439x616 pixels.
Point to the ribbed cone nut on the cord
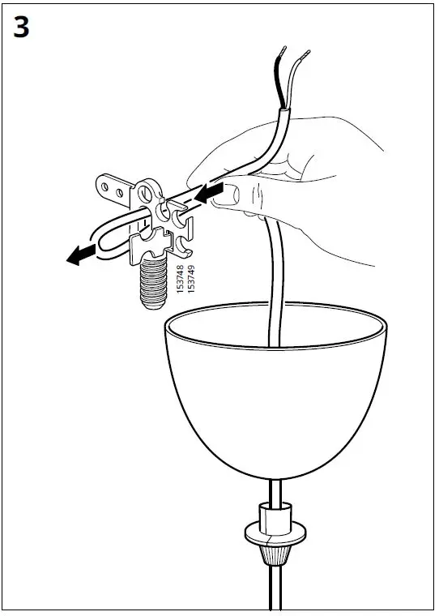pyautogui.click(x=275, y=556)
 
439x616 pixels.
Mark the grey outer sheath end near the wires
pyautogui.click(x=284, y=112)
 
